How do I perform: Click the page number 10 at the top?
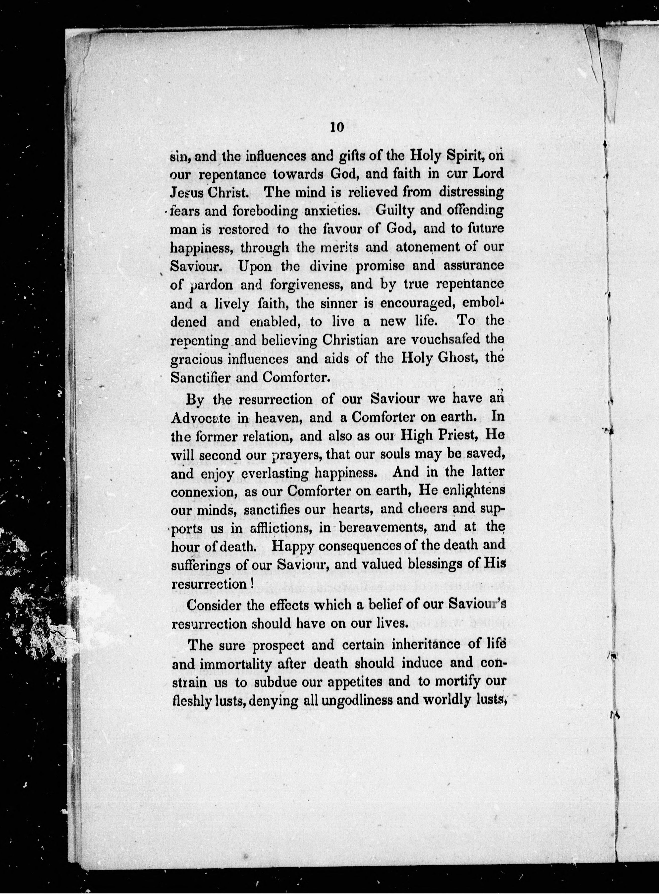(337, 127)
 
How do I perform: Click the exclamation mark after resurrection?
(253, 584)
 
